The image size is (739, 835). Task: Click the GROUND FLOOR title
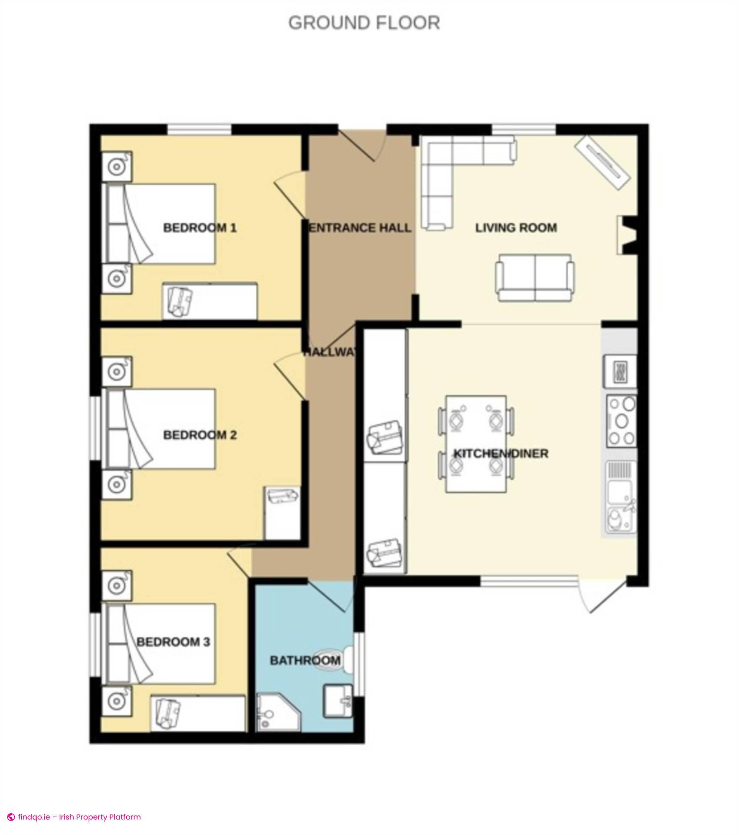[364, 23]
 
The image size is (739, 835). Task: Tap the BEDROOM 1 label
[200, 228]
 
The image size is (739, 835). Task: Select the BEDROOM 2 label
[200, 435]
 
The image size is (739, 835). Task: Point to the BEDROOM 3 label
[173, 642]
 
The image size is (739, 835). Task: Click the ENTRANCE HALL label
[359, 228]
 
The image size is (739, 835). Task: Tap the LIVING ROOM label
[516, 228]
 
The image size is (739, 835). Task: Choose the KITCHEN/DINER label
[501, 454]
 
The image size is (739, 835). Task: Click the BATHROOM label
[305, 661]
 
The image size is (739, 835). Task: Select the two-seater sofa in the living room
[534, 278]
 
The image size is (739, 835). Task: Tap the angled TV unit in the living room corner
[603, 161]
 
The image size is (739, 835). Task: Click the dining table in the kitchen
[476, 444]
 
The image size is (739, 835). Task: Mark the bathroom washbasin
[338, 700]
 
